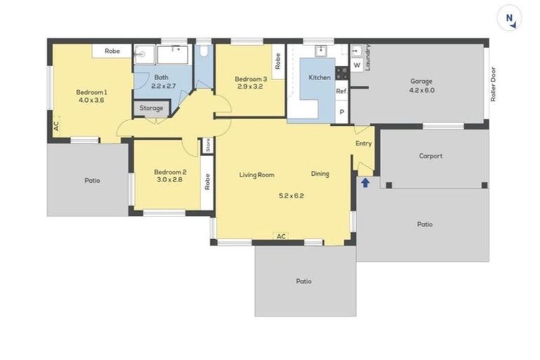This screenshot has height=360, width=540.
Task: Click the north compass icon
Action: pos(509,19)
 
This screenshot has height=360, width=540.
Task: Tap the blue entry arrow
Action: pos(365,183)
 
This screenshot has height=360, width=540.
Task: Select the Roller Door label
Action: pos(494,84)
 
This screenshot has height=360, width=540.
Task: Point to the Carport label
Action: pos(430,156)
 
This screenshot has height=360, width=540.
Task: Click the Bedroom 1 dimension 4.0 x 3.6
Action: pos(91,100)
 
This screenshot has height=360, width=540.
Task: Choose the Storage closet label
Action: pos(151,108)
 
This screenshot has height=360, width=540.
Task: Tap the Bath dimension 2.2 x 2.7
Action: pos(163,86)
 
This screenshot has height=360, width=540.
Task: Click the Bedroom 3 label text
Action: pos(251,79)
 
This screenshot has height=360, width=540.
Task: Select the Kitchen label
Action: pos(319,77)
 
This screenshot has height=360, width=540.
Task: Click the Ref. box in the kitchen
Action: pos(342,91)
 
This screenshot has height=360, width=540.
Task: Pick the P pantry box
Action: pos(342,112)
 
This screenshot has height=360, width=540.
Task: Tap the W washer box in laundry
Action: pos(357,65)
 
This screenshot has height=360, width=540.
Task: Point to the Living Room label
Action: pos(256,174)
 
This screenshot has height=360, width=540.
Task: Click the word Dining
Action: pos(320,174)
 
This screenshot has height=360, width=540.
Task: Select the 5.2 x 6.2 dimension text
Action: pos(291,195)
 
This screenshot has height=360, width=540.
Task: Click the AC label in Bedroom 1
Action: pos(56,127)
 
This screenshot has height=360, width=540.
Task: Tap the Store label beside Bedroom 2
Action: pos(208,146)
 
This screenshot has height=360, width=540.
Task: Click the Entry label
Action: pos(364,143)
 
